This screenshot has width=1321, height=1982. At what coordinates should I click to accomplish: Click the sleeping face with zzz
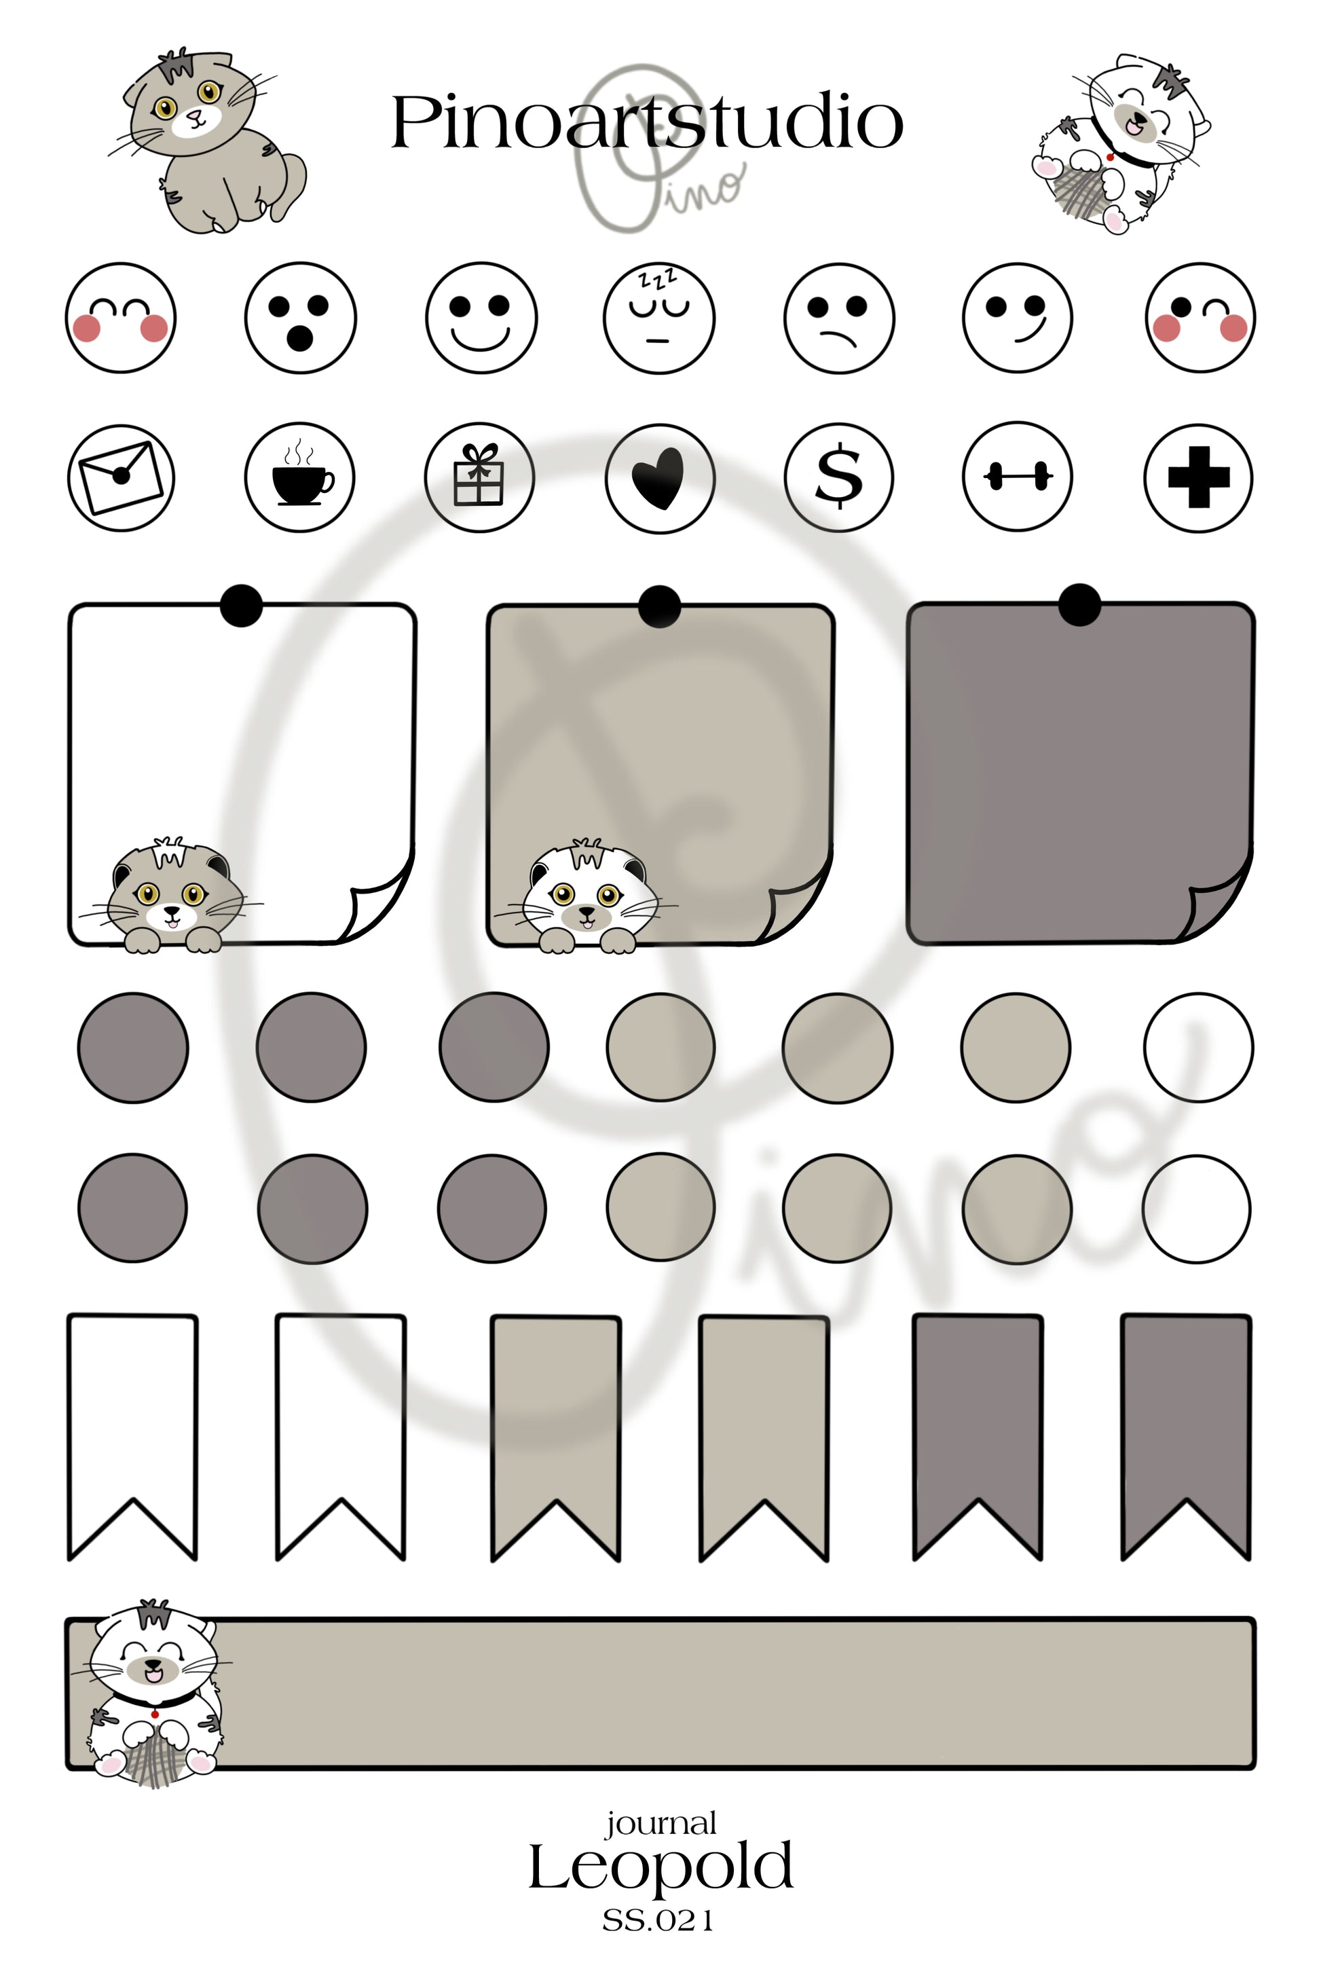[x=659, y=317]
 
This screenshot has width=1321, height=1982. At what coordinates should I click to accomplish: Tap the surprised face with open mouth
[x=300, y=317]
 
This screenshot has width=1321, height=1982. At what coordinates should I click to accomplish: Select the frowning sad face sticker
[x=838, y=317]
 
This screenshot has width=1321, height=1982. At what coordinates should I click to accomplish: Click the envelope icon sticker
[x=120, y=477]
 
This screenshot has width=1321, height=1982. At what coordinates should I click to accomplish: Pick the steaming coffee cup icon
[x=300, y=477]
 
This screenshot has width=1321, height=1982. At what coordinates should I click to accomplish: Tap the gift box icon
[x=479, y=477]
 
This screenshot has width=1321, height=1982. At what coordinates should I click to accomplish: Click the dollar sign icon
[x=838, y=477]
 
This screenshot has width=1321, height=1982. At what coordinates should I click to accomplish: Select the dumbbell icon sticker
[x=1018, y=477]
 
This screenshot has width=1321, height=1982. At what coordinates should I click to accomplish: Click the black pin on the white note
[x=241, y=605]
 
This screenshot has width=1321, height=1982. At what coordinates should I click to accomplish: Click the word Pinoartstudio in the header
[x=647, y=123]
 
